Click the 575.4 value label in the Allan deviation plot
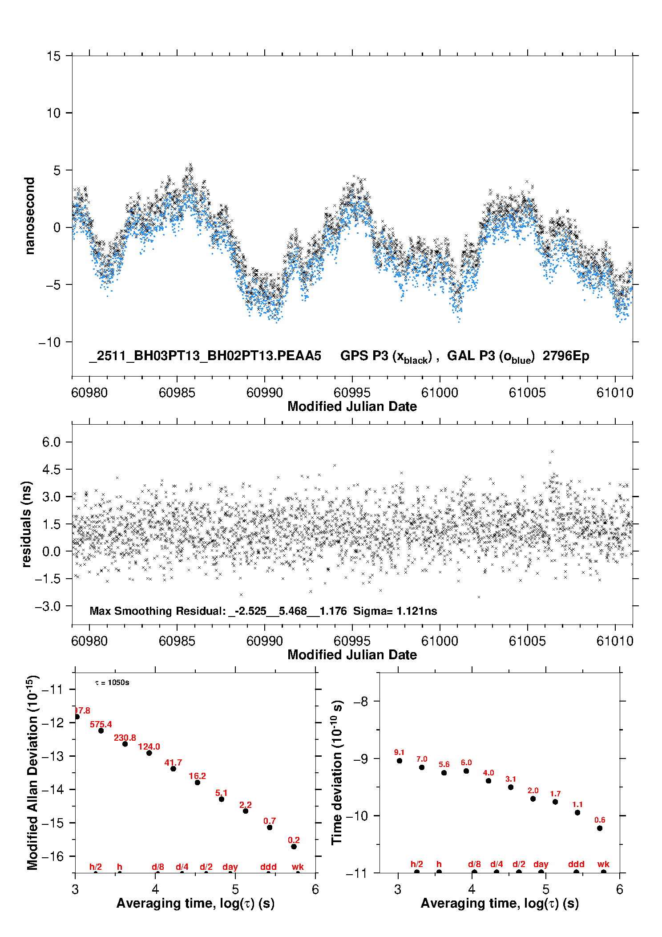(x=101, y=724)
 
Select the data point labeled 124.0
(x=149, y=753)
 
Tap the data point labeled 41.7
(x=173, y=769)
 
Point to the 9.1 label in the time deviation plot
(x=399, y=752)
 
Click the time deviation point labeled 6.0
(x=466, y=771)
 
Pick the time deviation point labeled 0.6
(x=600, y=828)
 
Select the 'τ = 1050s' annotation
(x=112, y=683)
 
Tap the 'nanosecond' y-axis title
(x=30, y=216)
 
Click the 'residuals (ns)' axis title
(x=27, y=524)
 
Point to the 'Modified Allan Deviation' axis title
(x=32, y=772)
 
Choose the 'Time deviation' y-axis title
(x=337, y=772)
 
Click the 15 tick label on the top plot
(x=53, y=56)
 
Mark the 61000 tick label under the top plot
(x=440, y=393)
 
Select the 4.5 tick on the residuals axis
(x=51, y=469)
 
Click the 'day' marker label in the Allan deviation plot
(x=230, y=867)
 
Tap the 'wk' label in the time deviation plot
(x=603, y=864)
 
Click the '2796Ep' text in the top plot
(x=566, y=356)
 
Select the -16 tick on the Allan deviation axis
(x=52, y=856)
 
